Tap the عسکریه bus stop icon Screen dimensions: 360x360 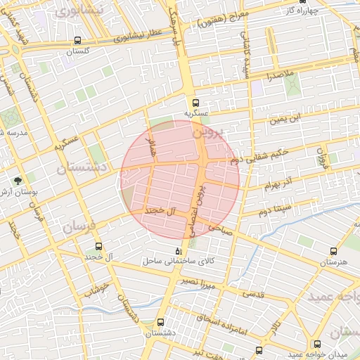coord(196,101)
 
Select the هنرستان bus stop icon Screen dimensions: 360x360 coord(333,250)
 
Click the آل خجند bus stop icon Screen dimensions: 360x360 coord(98,247)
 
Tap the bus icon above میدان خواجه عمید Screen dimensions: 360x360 coord(317,344)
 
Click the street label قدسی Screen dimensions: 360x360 coord(252,294)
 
